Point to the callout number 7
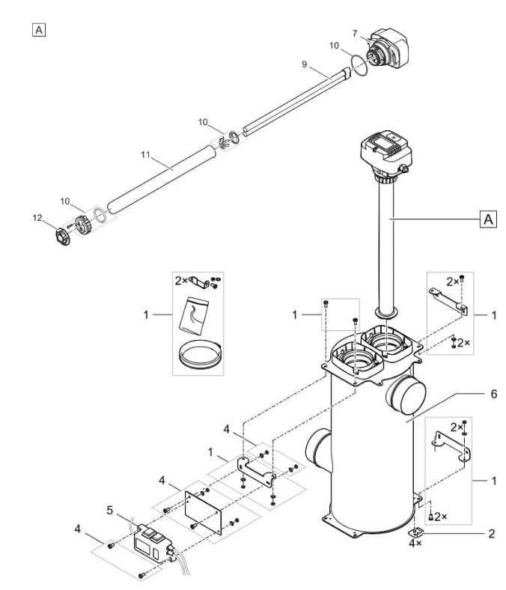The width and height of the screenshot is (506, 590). [356, 32]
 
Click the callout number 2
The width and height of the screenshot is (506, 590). [490, 534]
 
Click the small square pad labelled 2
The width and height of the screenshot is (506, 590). [415, 532]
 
